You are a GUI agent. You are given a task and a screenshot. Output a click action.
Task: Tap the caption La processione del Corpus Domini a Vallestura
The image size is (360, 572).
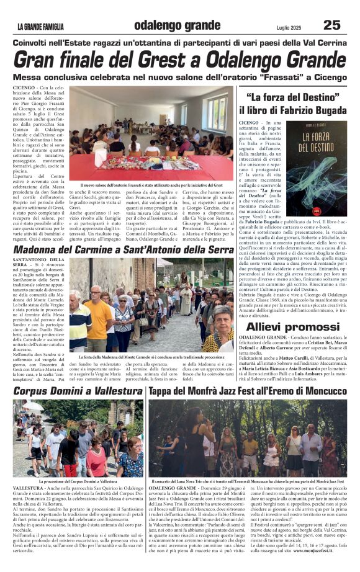coord(78,481)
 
